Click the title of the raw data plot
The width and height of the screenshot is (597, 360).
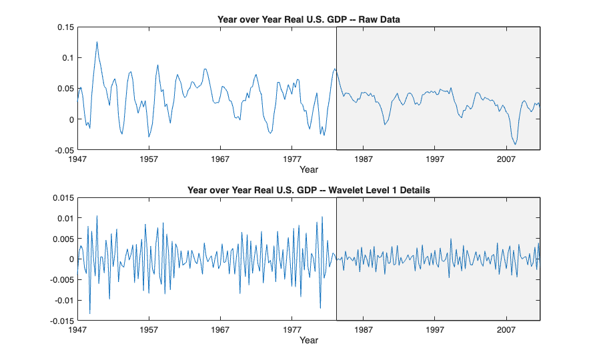pyautogui.click(x=308, y=19)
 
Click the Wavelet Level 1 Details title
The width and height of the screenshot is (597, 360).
pyautogui.click(x=308, y=190)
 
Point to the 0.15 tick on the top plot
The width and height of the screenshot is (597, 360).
pyautogui.click(x=65, y=27)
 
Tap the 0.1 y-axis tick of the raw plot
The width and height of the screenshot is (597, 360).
pyautogui.click(x=67, y=58)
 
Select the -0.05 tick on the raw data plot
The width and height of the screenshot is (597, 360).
pyautogui.click(x=63, y=150)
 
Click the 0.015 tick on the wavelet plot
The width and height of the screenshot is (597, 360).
pyautogui.click(x=62, y=198)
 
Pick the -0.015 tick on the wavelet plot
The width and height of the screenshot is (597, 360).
pyautogui.click(x=61, y=321)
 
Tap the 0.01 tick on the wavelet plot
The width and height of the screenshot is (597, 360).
pyautogui.click(x=65, y=219)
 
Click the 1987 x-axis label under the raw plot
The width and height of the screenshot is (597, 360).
pyautogui.click(x=363, y=160)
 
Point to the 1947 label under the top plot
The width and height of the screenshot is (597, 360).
pyautogui.click(x=77, y=160)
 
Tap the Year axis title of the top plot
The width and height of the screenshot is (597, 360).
pyautogui.click(x=308, y=170)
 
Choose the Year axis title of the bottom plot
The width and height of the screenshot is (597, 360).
pyautogui.click(x=308, y=341)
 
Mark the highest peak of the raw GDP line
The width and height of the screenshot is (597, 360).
pyautogui.click(x=97, y=42)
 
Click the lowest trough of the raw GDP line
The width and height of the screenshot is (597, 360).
pyautogui.click(x=515, y=145)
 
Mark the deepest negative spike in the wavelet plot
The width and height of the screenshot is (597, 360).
pyautogui.click(x=89, y=313)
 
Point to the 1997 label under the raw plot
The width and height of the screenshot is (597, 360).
pyautogui.click(x=434, y=160)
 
